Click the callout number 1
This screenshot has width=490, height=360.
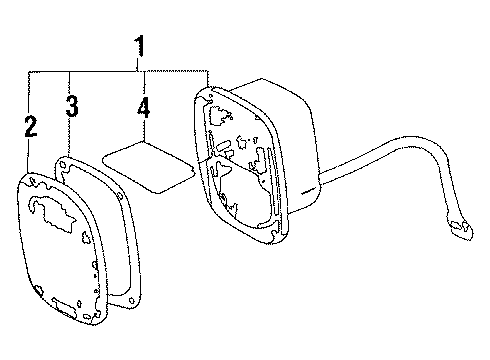click(141, 47)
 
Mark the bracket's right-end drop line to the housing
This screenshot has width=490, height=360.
click(207, 83)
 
